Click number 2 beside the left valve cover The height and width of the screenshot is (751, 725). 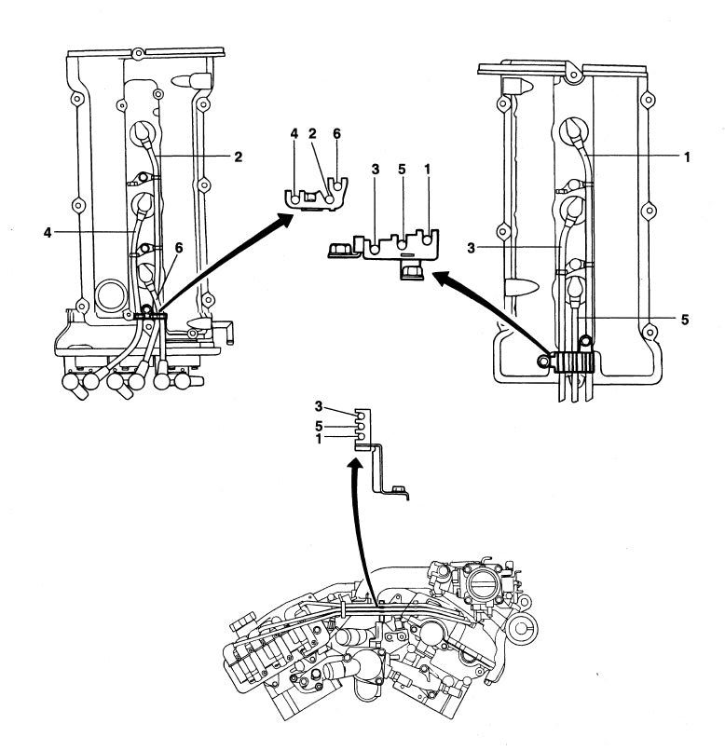tap(238, 157)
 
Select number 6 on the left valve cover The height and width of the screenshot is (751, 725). tap(178, 249)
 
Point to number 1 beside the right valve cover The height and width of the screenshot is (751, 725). tap(687, 157)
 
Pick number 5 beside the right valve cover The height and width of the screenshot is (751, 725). tap(685, 318)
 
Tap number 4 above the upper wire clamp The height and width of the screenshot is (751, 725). tap(294, 134)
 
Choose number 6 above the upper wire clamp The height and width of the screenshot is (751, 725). tap(336, 134)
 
